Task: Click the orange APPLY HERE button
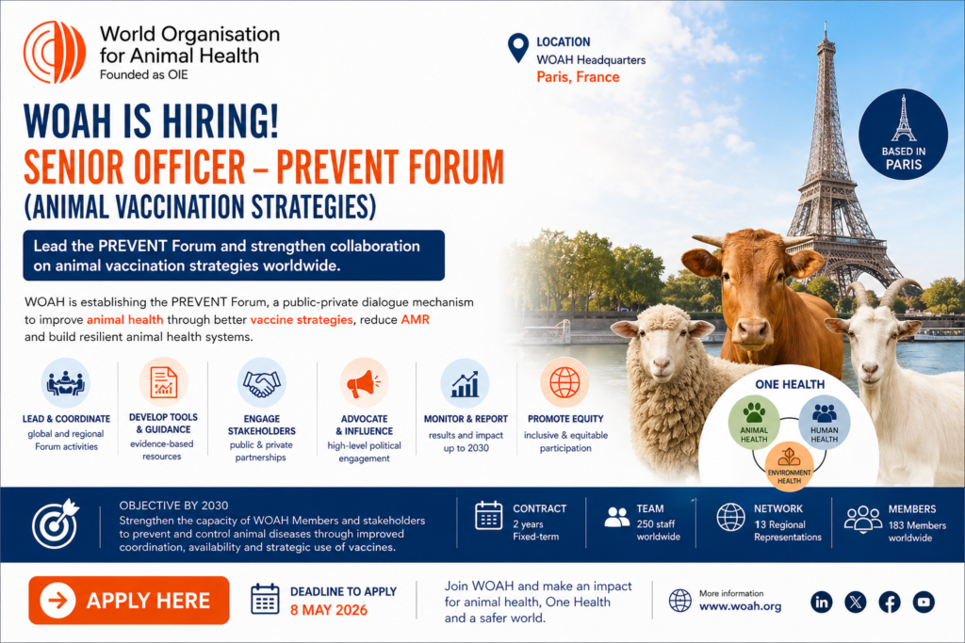(x=128, y=600)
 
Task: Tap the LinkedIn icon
(x=822, y=602)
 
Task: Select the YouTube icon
(x=924, y=602)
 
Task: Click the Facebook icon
(x=890, y=602)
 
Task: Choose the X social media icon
(x=856, y=602)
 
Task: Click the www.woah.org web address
(x=740, y=606)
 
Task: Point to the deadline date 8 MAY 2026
(x=329, y=610)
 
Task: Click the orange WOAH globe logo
(x=54, y=53)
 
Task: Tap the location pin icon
(x=518, y=47)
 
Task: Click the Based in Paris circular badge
(x=903, y=135)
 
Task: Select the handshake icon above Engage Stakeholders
(x=262, y=383)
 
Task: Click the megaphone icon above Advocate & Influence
(x=365, y=383)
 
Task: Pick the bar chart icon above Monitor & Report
(x=466, y=383)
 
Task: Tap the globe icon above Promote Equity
(x=564, y=382)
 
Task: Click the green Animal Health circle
(x=754, y=423)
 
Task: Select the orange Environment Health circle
(x=789, y=467)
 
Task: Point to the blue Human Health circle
(x=824, y=423)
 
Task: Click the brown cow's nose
(x=752, y=330)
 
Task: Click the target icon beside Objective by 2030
(x=56, y=523)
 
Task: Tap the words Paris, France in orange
(x=578, y=77)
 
